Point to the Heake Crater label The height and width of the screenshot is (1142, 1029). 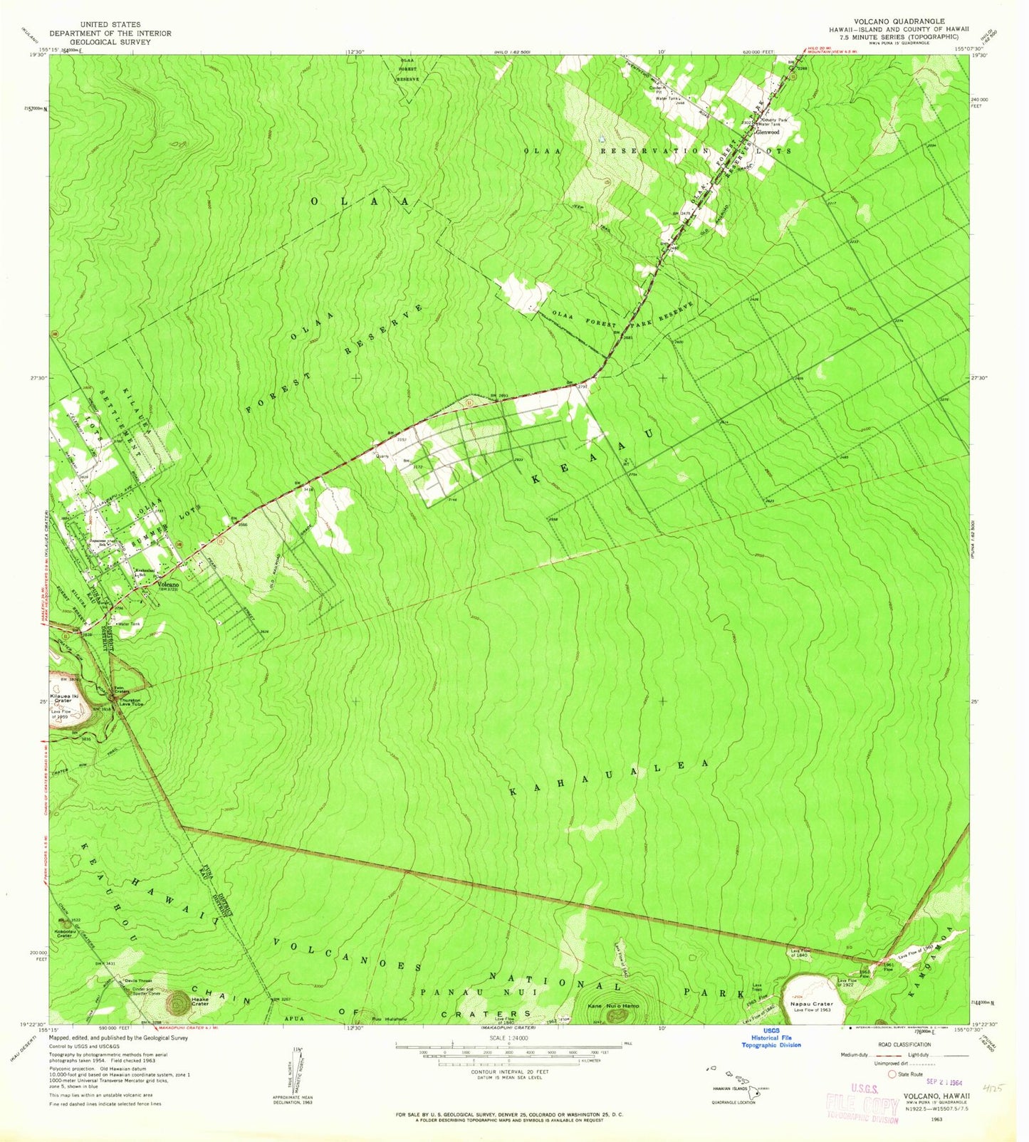(x=200, y=1001)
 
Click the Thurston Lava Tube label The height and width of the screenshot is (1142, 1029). (x=129, y=701)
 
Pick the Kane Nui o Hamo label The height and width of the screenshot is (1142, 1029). (x=615, y=1005)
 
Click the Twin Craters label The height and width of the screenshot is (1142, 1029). (x=123, y=690)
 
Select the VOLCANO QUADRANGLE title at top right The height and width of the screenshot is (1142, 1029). (x=906, y=21)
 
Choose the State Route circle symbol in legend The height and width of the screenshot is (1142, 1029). (x=892, y=1074)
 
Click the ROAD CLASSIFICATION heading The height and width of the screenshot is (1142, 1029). (x=905, y=1044)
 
